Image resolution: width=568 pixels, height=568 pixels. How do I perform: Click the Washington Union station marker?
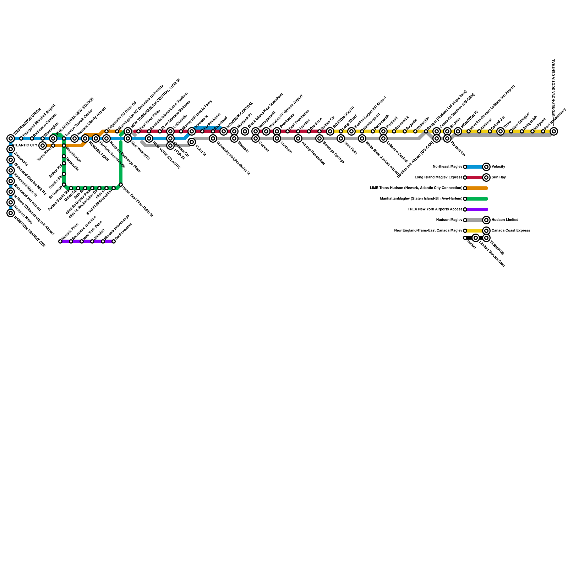(11, 138)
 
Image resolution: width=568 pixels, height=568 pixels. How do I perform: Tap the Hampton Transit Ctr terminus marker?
(11, 213)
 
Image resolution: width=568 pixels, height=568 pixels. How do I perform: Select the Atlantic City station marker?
(43, 146)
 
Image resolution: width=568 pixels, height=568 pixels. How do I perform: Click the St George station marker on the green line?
(64, 185)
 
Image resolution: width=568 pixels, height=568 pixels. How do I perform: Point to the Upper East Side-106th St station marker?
(121, 185)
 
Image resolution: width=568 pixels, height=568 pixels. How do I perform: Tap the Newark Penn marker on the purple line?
(60, 241)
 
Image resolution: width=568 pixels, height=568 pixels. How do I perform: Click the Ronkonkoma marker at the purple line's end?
(114, 241)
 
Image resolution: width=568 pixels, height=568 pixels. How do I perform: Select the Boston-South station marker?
(330, 131)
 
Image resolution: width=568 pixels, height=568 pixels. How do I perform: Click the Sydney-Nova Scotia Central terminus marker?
(554, 131)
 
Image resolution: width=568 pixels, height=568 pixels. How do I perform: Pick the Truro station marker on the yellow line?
(501, 131)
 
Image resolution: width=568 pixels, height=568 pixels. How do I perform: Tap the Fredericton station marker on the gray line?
(447, 138)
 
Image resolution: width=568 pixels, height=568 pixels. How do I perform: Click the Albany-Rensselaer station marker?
(298, 138)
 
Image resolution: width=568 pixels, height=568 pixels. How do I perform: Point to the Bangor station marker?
(426, 131)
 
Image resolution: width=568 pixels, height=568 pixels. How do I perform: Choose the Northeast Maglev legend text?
(447, 167)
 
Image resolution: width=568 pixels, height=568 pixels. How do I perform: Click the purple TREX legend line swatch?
(477, 209)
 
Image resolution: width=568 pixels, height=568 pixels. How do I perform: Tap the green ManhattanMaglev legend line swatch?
(477, 199)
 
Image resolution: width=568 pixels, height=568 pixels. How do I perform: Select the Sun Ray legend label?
(498, 177)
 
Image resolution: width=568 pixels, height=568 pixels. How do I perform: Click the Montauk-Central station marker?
(224, 131)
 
